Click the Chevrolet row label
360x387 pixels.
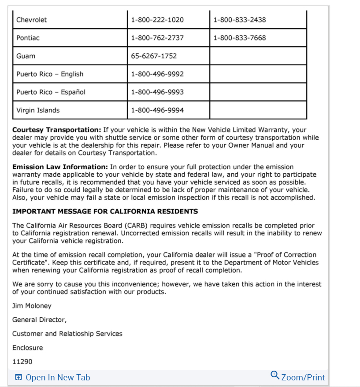click(31, 20)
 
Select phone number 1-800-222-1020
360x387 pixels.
click(157, 20)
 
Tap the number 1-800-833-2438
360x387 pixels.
click(239, 20)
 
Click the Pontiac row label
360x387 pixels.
click(28, 38)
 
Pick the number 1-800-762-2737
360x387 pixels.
click(157, 38)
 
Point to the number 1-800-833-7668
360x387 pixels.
click(239, 38)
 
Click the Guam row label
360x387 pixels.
click(26, 56)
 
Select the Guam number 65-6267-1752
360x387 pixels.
click(154, 56)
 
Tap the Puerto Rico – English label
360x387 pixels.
click(50, 74)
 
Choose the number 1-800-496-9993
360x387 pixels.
click(157, 92)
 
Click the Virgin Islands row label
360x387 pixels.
click(38, 110)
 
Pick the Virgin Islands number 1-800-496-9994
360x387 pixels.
click(157, 110)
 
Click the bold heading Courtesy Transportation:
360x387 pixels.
click(57, 130)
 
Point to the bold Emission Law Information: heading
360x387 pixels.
click(60, 167)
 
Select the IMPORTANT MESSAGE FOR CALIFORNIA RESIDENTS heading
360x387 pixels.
click(105, 212)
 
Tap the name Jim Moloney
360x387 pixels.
click(32, 306)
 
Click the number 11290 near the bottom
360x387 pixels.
click(22, 362)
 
